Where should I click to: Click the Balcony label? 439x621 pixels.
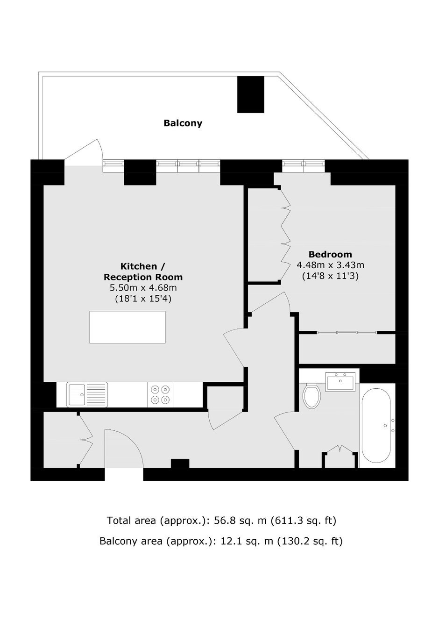183,123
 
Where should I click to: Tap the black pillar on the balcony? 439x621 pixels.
251,94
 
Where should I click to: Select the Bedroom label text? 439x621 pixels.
330,254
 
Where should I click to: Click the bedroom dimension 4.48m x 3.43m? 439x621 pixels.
330,265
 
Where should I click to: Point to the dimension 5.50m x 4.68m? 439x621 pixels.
143,288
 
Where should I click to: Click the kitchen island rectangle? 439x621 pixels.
127,327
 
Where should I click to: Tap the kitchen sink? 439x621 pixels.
87,395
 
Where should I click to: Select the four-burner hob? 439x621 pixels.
160,395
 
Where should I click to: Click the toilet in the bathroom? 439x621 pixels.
312,396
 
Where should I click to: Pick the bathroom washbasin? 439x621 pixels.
340,381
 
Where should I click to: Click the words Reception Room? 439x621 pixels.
143,277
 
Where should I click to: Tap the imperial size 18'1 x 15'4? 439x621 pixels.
143,299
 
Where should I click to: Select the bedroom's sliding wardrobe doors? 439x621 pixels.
347,332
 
